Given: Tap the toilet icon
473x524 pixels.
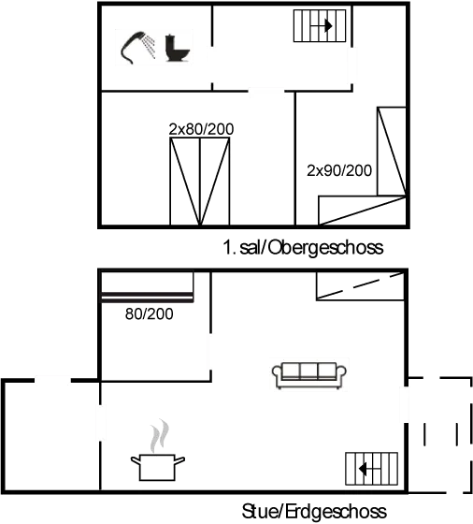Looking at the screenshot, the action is (x=178, y=48).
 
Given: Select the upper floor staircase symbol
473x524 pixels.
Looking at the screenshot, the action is (x=320, y=26).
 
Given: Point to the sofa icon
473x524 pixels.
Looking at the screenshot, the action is (x=309, y=375).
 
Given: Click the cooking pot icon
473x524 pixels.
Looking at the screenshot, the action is (x=158, y=467).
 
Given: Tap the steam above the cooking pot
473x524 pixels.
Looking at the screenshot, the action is (x=160, y=435).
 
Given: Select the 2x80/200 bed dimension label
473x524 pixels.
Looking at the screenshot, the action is (x=201, y=129).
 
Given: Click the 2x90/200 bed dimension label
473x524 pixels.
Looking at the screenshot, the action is (x=339, y=170).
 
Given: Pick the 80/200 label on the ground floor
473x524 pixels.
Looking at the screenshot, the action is (x=150, y=313).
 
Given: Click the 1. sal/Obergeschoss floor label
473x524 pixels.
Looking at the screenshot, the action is (x=303, y=248).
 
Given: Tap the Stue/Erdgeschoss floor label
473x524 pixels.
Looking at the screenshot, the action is (x=314, y=511).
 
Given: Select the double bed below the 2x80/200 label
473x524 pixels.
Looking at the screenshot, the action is (x=200, y=182).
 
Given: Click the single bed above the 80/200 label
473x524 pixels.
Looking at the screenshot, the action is (x=147, y=287).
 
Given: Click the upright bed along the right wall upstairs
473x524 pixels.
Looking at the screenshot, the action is (x=392, y=151).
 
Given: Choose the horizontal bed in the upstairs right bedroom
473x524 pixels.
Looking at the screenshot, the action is (x=362, y=211).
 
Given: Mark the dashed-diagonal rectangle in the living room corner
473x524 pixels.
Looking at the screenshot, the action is (x=360, y=286).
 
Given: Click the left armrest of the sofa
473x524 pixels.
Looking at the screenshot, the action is (x=278, y=373).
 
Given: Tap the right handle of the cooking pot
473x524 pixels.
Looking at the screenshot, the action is (x=179, y=460).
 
